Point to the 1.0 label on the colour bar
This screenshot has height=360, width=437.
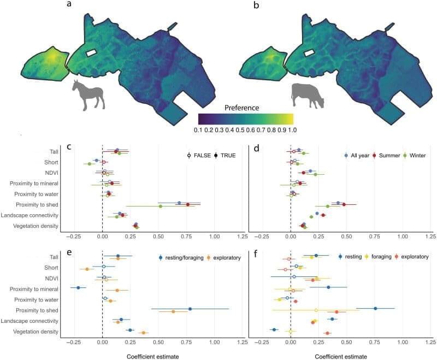(288, 130)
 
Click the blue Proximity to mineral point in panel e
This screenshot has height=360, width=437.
(79, 287)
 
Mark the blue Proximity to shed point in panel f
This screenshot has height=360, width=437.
(375, 308)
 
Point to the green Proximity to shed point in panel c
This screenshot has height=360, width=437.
(160, 206)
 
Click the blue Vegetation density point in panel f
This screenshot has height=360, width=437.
(274, 329)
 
